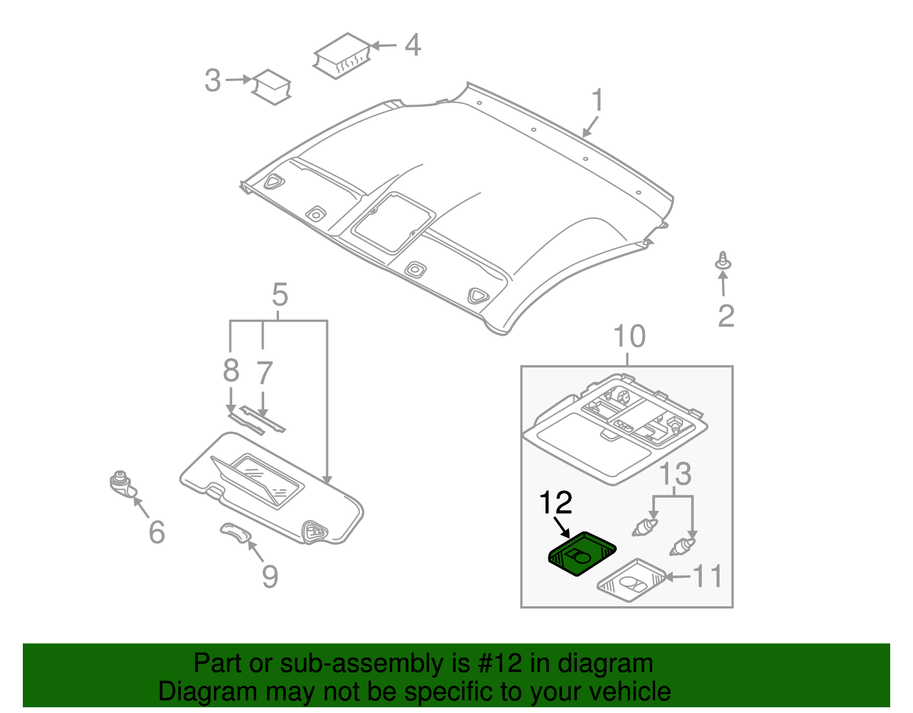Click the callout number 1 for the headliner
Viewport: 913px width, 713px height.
click(597, 100)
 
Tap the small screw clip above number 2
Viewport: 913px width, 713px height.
click(723, 261)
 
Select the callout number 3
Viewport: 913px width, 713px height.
click(212, 80)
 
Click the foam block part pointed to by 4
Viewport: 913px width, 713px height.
click(342, 55)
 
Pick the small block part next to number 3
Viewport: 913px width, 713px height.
click(272, 87)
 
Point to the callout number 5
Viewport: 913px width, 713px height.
click(280, 295)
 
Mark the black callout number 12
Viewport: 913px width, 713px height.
click(555, 502)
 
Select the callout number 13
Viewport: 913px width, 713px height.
click(676, 474)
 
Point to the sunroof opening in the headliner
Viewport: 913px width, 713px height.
click(394, 223)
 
